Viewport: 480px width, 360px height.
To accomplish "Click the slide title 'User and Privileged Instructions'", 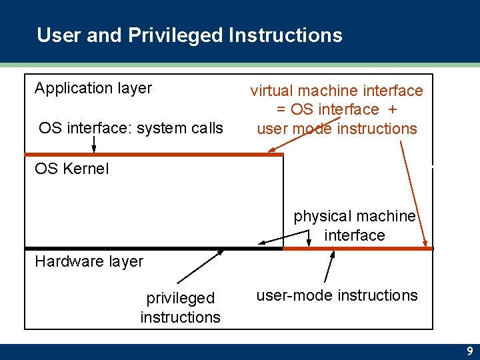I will (189, 35).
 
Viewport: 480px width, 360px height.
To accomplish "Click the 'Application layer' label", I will (93, 88).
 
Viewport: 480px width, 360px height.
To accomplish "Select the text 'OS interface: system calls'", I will (131, 127).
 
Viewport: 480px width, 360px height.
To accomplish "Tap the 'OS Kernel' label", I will (71, 169).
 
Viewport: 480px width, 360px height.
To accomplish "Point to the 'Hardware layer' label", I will (89, 261).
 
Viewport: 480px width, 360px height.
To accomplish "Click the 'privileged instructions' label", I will (180, 307).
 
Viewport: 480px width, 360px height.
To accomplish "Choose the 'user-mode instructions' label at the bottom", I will (337, 295).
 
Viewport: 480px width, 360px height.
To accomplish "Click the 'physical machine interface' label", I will (354, 225).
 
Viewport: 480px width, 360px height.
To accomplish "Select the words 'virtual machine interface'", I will (336, 90).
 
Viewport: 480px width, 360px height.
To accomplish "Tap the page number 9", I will (470, 351).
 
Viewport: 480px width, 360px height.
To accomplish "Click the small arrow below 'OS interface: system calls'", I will (94, 143).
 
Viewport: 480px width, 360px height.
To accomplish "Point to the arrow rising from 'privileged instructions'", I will (200, 267).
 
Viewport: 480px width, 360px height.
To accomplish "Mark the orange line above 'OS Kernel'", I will (153, 155).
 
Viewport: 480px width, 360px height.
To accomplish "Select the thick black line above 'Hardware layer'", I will (153, 248).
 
